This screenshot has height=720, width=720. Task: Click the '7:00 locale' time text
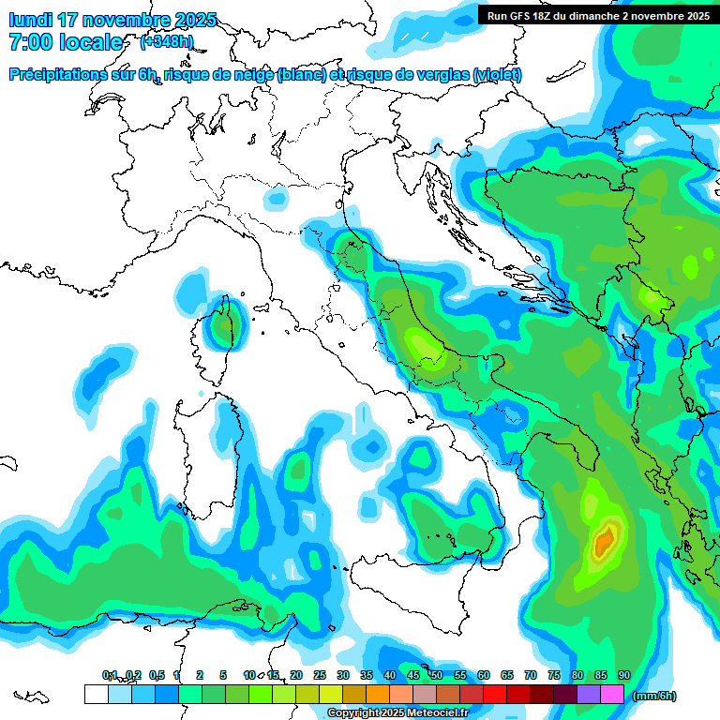[66, 42]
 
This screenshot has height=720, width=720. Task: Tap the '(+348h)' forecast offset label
[167, 42]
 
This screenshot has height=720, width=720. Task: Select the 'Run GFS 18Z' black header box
[598, 15]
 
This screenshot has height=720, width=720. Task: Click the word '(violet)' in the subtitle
[497, 75]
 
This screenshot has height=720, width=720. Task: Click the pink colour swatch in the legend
[612, 695]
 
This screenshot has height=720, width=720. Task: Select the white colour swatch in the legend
[96, 695]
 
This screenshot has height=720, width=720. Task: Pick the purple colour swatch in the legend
[589, 695]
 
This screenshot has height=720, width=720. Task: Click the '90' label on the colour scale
[623, 676]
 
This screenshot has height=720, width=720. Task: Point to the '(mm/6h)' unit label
[654, 696]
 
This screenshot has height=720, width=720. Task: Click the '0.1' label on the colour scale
[110, 676]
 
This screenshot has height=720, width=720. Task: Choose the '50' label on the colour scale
[437, 676]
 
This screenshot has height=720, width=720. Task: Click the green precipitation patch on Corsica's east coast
[224, 327]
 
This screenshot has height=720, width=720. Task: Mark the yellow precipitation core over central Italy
[427, 348]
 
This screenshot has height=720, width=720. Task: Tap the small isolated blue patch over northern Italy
[276, 198]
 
